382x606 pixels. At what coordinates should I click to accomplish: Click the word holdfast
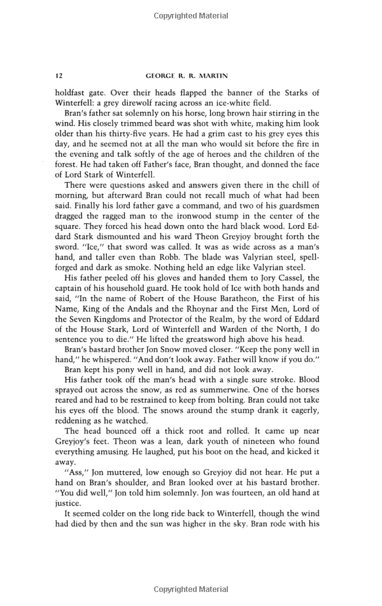(x=72, y=92)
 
